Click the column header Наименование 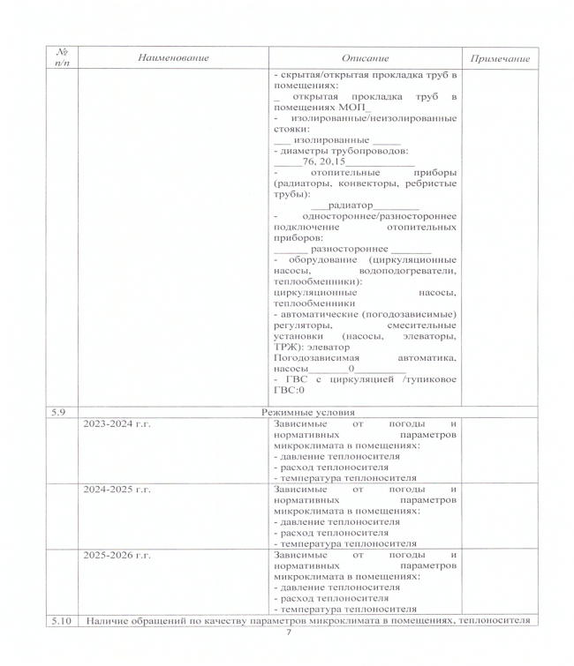pos(173,58)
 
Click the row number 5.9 pos(59,412)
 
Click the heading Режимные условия pos(306,412)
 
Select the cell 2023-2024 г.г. pos(117,424)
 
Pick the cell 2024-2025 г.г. pos(117,488)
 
